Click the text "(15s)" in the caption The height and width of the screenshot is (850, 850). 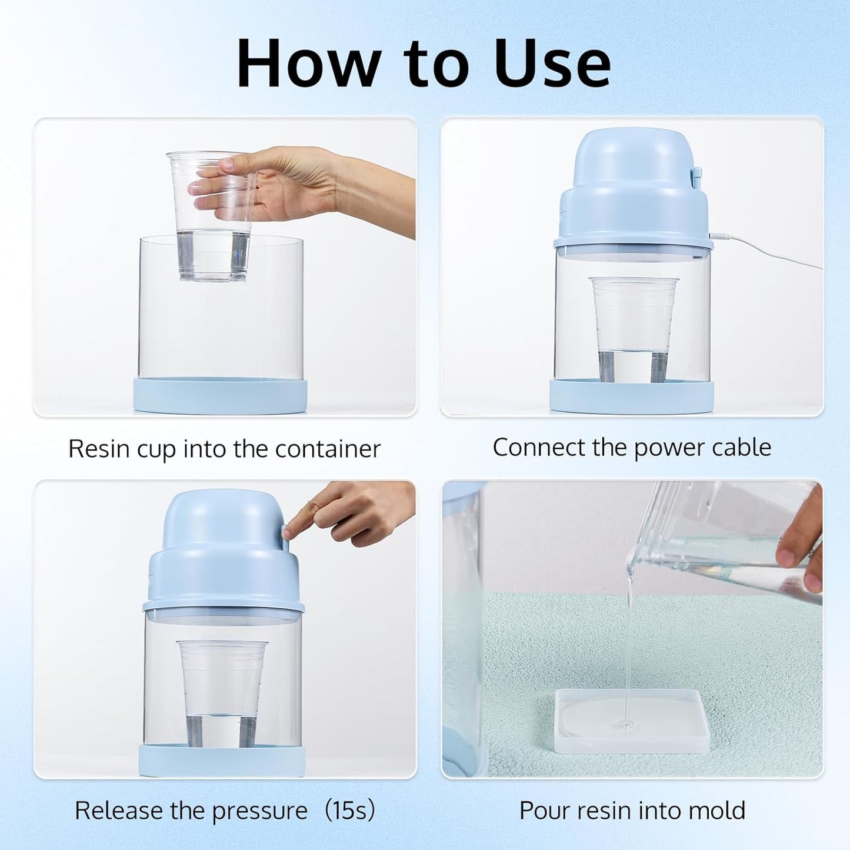tap(349, 811)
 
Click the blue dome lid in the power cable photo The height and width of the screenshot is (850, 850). tap(629, 194)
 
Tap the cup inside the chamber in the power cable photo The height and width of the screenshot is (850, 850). tap(634, 329)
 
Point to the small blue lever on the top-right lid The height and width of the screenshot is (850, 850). tap(697, 176)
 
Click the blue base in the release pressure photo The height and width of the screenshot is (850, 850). tap(222, 760)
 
